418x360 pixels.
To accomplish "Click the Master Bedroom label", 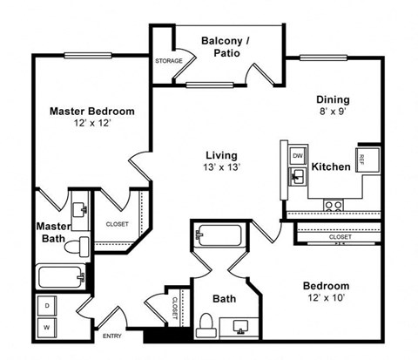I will click(91, 112).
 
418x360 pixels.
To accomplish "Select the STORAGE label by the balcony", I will click(168, 61).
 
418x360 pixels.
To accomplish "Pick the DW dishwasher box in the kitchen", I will click(297, 155).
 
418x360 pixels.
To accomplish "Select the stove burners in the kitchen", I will click(334, 206).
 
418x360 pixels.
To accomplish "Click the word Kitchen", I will click(331, 166).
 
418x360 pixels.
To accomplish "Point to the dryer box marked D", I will click(46, 307).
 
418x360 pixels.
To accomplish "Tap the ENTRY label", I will click(113, 336).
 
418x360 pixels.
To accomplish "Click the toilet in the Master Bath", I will click(82, 243).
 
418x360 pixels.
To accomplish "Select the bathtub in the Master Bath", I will click(61, 276).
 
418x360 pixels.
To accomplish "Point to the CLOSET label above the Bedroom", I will click(340, 236).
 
